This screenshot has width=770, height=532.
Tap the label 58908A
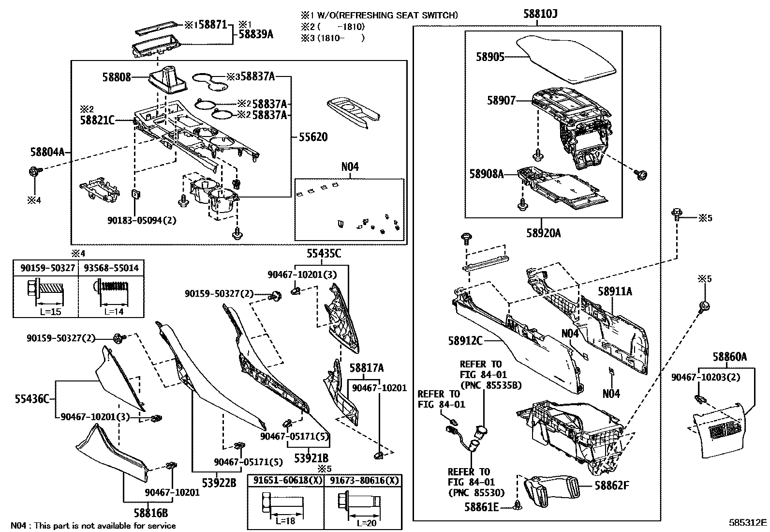point(486,173)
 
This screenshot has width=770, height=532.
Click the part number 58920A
point(543,233)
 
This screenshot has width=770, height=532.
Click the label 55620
point(312,137)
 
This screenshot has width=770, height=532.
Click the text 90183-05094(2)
point(142,220)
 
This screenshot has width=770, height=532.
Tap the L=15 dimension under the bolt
point(50,311)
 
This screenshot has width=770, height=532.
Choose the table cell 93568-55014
point(111,268)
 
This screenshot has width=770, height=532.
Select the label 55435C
point(323,254)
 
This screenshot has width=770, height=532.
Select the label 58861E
point(481,507)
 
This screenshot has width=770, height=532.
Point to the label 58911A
point(614,291)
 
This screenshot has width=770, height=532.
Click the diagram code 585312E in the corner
point(748,523)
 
